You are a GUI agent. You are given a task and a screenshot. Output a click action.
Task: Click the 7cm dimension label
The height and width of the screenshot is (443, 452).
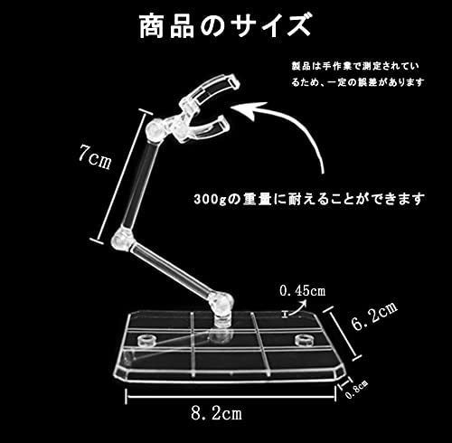(x=95, y=157)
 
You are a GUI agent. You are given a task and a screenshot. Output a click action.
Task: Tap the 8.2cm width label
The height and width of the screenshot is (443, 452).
(x=216, y=412)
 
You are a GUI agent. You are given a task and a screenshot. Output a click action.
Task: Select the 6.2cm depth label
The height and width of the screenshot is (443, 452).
(x=374, y=316)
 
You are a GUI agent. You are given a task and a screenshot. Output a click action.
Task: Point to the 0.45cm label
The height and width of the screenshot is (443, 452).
(x=302, y=291)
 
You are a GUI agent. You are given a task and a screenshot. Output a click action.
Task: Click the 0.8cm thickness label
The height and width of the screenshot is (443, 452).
(x=357, y=390)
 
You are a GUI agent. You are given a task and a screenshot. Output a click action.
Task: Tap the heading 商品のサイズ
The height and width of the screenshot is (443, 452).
(x=225, y=26)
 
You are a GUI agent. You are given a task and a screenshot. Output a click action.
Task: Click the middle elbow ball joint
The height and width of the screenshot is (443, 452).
(x=122, y=239)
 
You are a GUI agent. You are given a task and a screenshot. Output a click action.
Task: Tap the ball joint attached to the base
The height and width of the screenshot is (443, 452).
(x=222, y=302)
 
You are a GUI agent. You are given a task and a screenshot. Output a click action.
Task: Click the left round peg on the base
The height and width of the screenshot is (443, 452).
(x=146, y=341)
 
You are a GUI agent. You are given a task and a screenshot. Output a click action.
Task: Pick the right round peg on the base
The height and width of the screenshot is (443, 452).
(x=304, y=340)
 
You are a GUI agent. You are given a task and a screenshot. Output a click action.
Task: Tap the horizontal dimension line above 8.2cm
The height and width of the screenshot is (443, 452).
(x=231, y=396)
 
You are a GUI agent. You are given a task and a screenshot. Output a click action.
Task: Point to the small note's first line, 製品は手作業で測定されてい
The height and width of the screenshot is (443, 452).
(x=355, y=66)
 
